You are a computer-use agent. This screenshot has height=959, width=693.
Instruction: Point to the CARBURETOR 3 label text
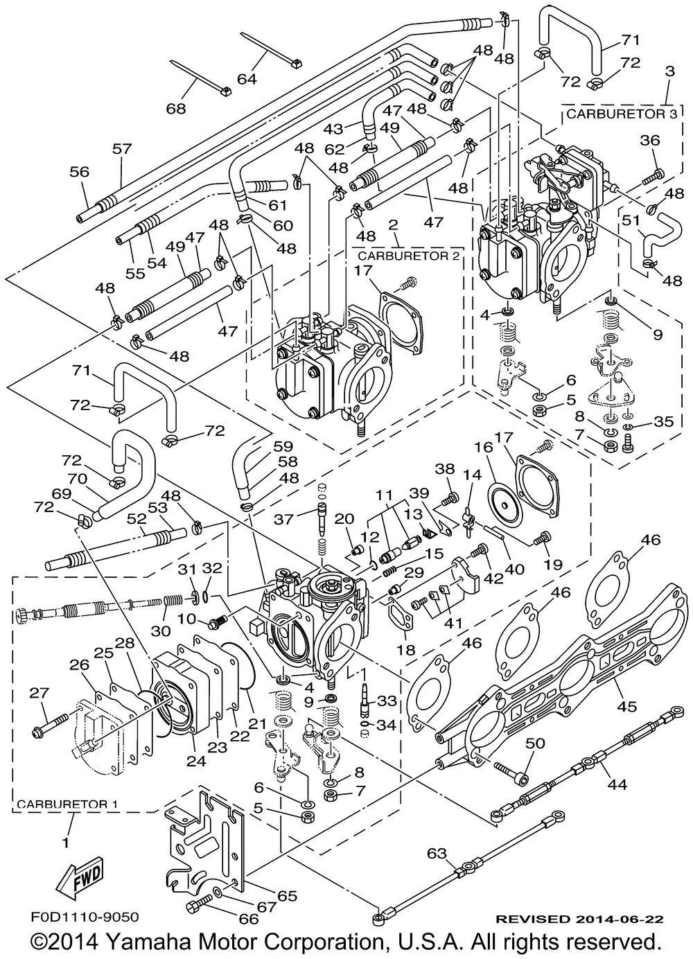click(621, 114)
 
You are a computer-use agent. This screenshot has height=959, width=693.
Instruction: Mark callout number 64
click(246, 78)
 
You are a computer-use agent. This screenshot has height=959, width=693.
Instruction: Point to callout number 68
click(177, 108)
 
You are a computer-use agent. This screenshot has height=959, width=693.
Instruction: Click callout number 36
click(650, 141)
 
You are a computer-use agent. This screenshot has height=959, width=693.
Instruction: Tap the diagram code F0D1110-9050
click(85, 917)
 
